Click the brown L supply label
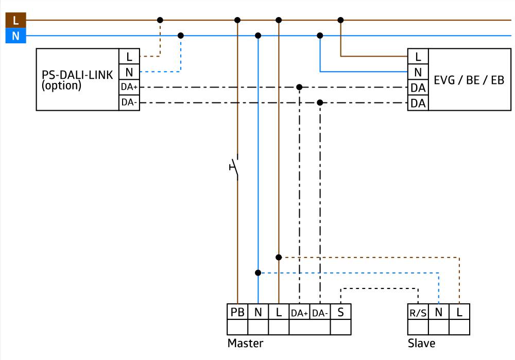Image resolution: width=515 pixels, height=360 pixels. point(15,21)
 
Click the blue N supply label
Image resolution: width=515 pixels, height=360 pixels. point(15,36)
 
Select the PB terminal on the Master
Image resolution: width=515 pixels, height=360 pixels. point(237,312)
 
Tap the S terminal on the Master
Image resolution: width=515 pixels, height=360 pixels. point(340,312)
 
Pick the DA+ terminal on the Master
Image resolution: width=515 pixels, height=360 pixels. point(299,313)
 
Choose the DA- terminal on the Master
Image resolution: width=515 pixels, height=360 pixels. point(320,313)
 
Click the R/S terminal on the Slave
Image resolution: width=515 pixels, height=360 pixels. point(418,313)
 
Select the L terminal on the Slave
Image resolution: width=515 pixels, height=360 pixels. point(459,312)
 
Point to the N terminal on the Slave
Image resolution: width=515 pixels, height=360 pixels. point(438,312)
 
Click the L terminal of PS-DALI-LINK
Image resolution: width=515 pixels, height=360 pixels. point(129,57)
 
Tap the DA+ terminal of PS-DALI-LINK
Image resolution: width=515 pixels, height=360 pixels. point(129,88)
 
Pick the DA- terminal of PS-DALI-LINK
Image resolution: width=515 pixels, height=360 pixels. point(129,103)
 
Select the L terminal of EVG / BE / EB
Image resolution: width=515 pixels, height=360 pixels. point(418,57)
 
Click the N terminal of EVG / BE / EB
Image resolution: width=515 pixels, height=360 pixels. point(418,72)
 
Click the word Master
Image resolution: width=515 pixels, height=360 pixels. point(245,343)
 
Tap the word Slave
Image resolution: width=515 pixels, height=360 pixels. point(421,343)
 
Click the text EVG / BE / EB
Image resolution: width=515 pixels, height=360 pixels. point(469,80)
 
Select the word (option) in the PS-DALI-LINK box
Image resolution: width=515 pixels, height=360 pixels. point(61,85)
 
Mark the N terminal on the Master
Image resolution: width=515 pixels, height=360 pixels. point(258,312)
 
